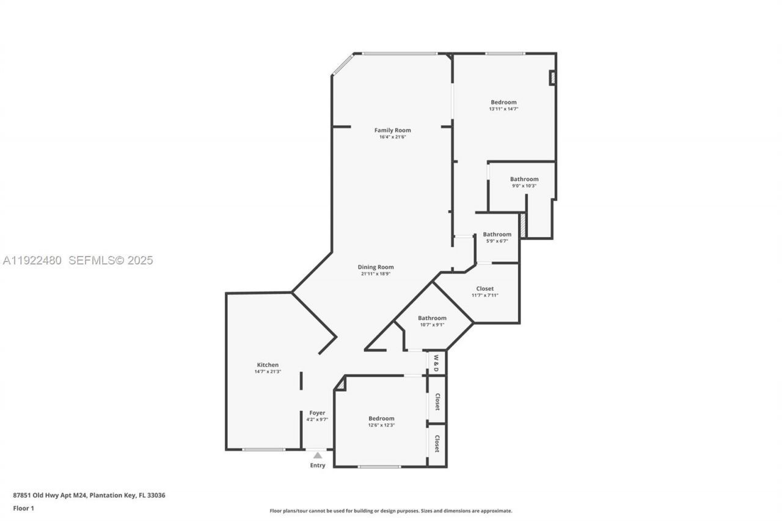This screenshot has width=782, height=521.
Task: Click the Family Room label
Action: pyautogui.click(x=392, y=130)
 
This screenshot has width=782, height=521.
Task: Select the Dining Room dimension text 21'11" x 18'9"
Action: pyautogui.click(x=376, y=274)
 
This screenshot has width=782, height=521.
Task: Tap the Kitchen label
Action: pyautogui.click(x=268, y=365)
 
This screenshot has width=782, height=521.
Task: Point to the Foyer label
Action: pyautogui.click(x=317, y=413)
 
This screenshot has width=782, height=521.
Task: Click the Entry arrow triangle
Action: pyautogui.click(x=318, y=455)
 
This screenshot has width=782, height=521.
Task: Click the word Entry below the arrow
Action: pyautogui.click(x=318, y=465)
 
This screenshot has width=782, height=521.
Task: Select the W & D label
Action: pyautogui.click(x=436, y=363)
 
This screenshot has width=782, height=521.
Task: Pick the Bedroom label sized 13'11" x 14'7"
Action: pyautogui.click(x=503, y=102)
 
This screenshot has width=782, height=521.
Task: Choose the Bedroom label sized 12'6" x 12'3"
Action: pyautogui.click(x=381, y=418)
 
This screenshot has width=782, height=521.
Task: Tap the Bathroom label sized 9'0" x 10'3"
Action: pyautogui.click(x=524, y=179)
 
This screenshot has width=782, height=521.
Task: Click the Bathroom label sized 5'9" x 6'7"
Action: pyautogui.click(x=497, y=234)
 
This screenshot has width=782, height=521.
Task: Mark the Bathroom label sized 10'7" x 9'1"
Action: pyautogui.click(x=432, y=318)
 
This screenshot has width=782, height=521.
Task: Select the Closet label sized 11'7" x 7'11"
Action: pyautogui.click(x=484, y=288)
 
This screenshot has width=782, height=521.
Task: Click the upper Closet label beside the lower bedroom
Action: pyautogui.click(x=437, y=401)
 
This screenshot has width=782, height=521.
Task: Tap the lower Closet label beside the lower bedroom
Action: pyautogui.click(x=437, y=443)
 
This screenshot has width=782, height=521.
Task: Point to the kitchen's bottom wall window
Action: pyautogui.click(x=263, y=450)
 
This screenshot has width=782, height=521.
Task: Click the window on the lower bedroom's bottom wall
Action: pyautogui.click(x=379, y=467)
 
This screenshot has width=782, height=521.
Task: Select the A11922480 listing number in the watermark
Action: pyautogui.click(x=32, y=261)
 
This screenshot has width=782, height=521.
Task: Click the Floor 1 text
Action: pyautogui.click(x=24, y=508)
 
